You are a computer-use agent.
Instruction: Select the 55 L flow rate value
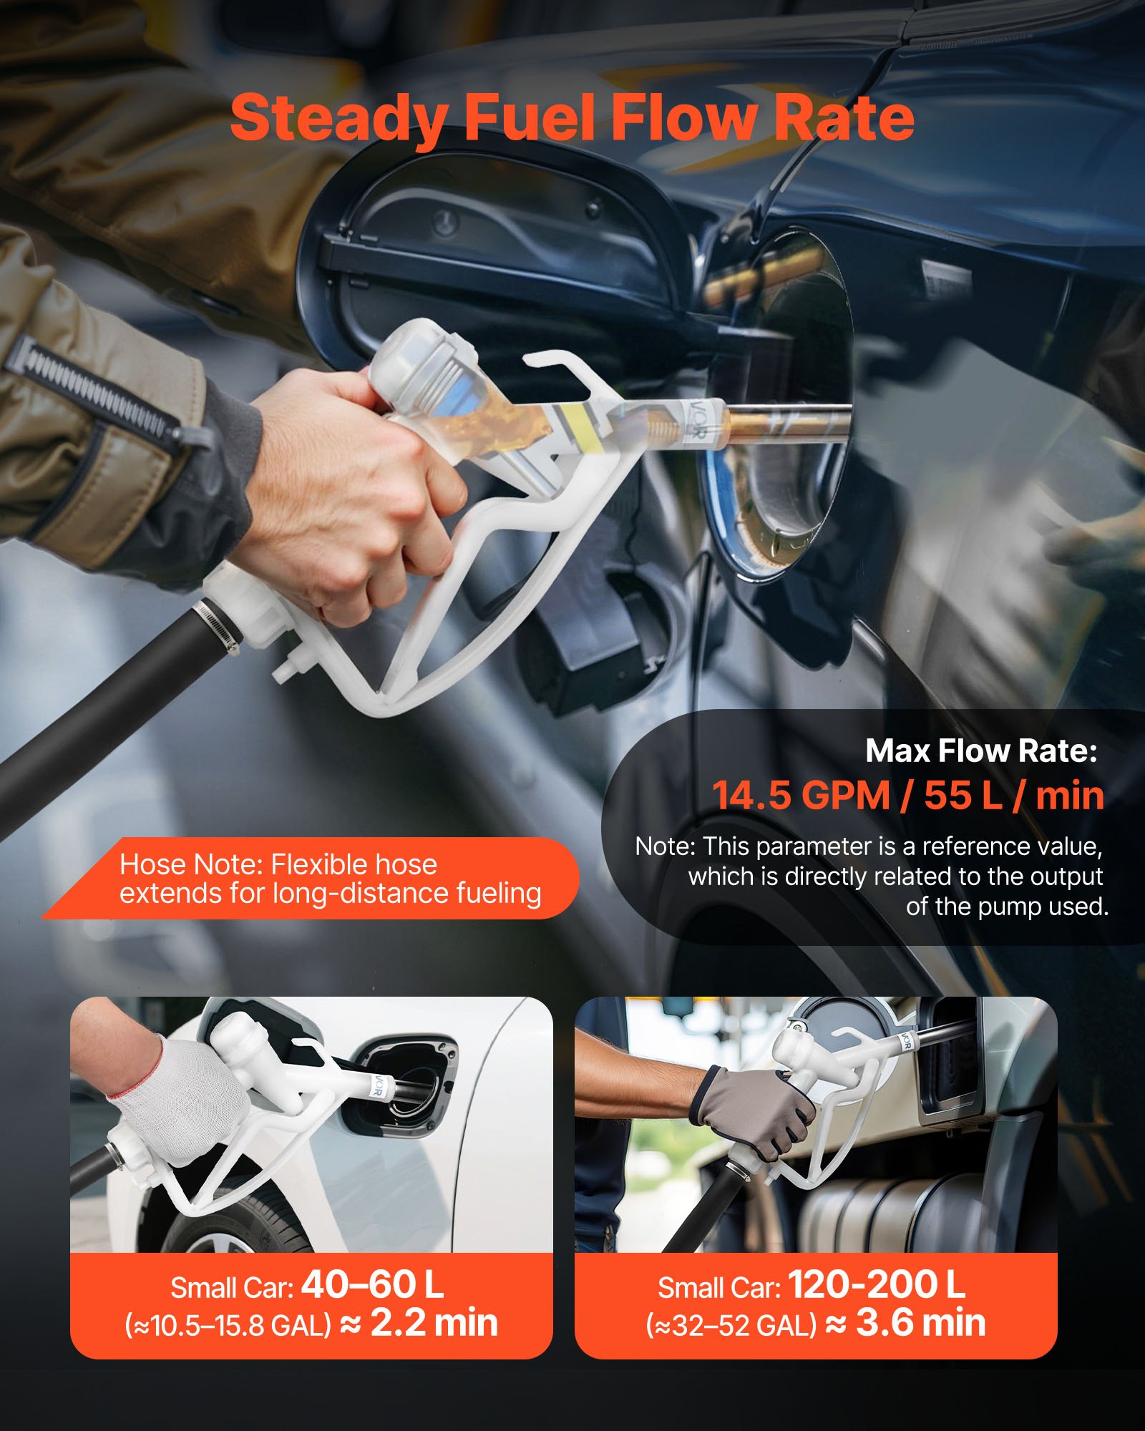click(x=963, y=795)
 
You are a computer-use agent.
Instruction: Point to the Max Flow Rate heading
click(x=981, y=751)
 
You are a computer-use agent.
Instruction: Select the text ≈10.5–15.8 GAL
click(x=228, y=1326)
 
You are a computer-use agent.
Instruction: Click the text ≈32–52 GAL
click(x=731, y=1326)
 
